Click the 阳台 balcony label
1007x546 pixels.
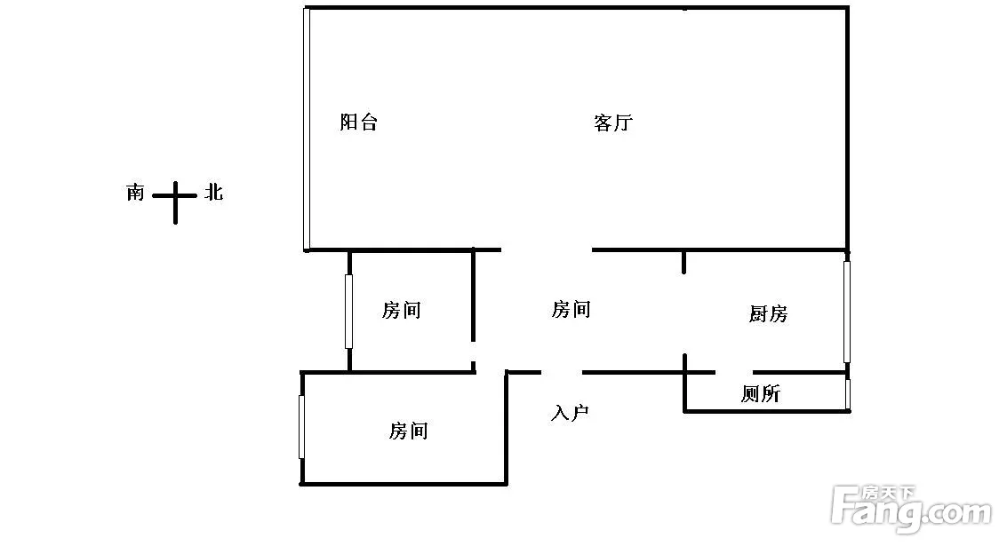pos(359,123)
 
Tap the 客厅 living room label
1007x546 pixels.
pos(612,123)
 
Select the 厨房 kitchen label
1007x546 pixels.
pos(768,313)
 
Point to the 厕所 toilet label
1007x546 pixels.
pos(760,393)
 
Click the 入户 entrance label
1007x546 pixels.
pos(570,413)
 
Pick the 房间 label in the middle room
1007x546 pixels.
pos(571,309)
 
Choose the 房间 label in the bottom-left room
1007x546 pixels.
pos(408,431)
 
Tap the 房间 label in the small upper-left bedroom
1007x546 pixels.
pos(401,310)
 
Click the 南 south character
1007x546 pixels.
pos(135,192)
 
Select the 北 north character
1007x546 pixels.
pos(213,191)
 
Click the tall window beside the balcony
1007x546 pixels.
pos(307,130)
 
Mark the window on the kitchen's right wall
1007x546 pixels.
pos(846,311)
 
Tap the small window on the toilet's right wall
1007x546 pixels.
pos(848,394)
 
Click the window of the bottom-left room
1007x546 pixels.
pos(302,427)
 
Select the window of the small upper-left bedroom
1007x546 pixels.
pos(348,311)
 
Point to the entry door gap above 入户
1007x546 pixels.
pos(561,372)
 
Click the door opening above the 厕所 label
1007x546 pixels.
pos(734,372)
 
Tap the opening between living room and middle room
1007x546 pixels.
pos(547,250)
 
